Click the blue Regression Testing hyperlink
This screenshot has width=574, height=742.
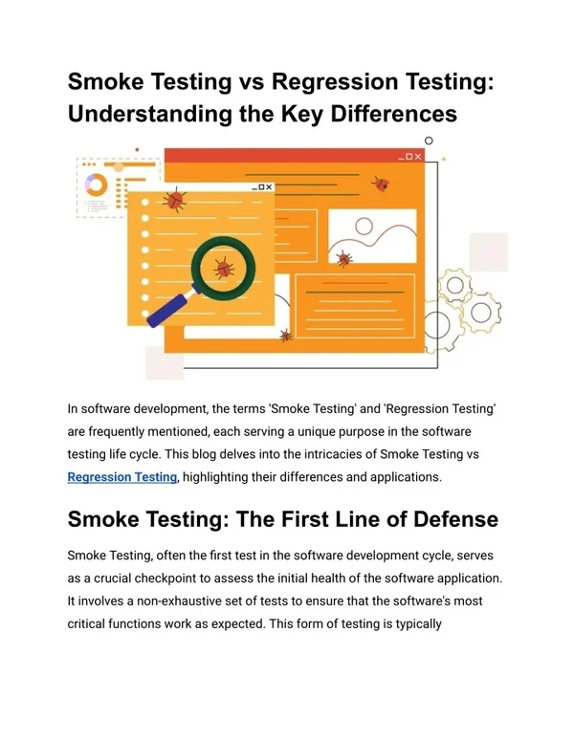coord(122,477)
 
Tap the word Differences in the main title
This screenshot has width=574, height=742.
coord(393,114)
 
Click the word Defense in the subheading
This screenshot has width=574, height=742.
coord(455,519)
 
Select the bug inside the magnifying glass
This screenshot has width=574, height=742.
coord(224,269)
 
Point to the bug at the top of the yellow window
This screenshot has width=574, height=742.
coord(174,200)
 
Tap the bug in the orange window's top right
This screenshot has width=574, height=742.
coord(381,184)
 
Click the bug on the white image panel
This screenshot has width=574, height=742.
coord(344,258)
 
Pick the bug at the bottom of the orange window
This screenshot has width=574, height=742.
coord(286,336)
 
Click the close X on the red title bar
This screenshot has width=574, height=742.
coord(418,157)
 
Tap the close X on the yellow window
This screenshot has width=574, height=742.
coord(269,187)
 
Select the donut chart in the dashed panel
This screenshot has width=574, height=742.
coord(96,185)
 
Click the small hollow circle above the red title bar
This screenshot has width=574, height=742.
coord(429,141)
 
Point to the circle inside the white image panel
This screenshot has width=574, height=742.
coord(364,227)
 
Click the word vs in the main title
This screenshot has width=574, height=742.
coord(251,81)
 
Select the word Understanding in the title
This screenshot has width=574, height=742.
coord(149,114)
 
